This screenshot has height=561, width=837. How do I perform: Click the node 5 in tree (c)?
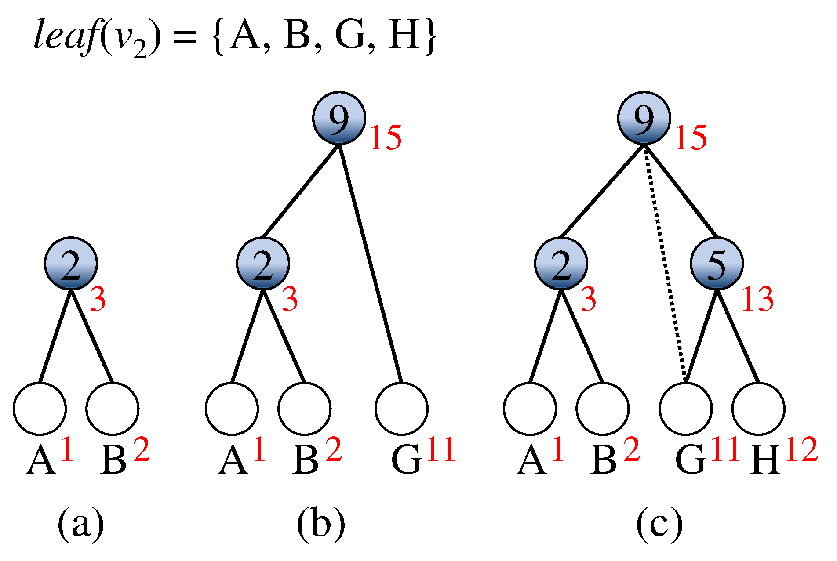click(717, 264)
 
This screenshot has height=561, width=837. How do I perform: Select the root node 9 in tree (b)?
click(339, 118)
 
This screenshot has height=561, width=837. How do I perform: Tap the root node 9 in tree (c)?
click(644, 118)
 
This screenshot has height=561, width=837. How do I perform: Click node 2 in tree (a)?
click(71, 264)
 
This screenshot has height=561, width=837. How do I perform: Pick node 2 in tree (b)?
click(263, 264)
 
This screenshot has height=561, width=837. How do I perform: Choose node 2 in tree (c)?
click(561, 264)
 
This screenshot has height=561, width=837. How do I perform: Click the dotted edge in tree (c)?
click(664, 264)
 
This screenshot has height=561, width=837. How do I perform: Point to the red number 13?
click(757, 300)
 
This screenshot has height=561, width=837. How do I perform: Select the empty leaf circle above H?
click(758, 409)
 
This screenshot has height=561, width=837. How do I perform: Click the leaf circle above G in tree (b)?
click(401, 409)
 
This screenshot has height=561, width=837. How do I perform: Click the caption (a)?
click(80, 523)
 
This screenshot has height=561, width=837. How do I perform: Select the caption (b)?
click(320, 523)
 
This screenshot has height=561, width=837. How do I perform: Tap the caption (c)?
click(659, 523)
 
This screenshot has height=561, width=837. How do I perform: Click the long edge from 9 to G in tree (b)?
click(371, 264)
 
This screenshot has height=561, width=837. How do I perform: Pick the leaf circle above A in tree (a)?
click(40, 409)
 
